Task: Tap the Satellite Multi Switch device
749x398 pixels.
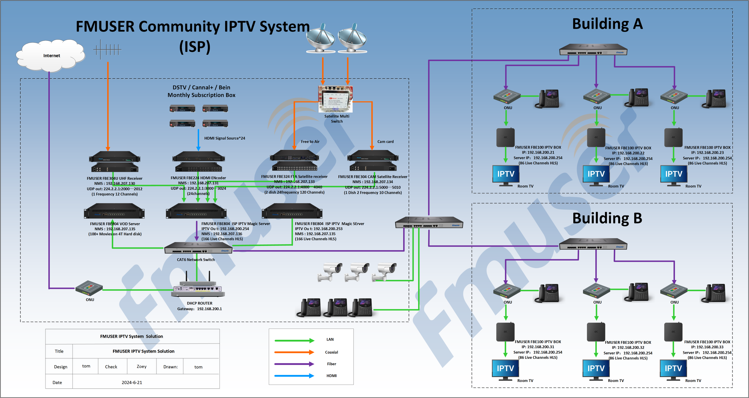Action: (x=336, y=99)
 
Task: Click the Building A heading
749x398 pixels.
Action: (x=607, y=24)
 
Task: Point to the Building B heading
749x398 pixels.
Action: (x=607, y=218)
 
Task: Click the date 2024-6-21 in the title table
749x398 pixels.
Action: (x=132, y=382)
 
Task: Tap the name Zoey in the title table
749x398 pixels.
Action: (x=142, y=367)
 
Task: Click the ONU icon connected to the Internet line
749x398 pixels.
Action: (x=89, y=288)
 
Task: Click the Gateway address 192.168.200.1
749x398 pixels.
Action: (x=209, y=309)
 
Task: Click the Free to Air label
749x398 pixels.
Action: (x=310, y=142)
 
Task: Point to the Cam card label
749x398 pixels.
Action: (x=385, y=142)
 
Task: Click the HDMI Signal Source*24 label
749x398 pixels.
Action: (x=225, y=138)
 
